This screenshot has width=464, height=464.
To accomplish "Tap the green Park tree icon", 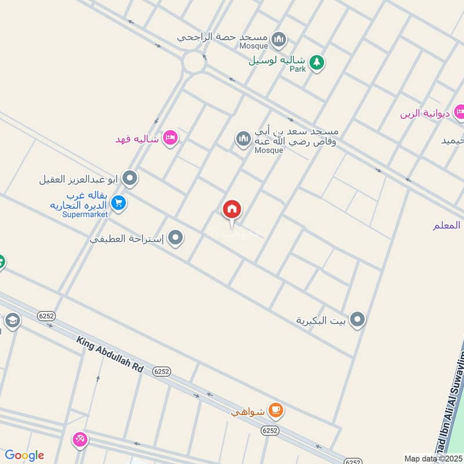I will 316,61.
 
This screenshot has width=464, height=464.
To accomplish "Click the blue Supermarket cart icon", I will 119,203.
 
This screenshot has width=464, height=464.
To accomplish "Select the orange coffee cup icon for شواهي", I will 276,411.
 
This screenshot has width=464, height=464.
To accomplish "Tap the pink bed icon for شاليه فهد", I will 171,138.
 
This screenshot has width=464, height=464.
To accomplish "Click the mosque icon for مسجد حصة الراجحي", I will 279,39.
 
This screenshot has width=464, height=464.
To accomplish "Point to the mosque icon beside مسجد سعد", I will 242,139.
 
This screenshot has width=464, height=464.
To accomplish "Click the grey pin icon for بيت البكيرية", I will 358,319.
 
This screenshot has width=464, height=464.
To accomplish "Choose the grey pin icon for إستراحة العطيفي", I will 176,238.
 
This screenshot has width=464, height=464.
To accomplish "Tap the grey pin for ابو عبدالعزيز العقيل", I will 130,178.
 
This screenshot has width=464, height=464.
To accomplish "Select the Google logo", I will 24,455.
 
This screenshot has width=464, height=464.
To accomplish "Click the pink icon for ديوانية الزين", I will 459,112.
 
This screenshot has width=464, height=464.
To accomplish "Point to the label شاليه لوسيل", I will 277,61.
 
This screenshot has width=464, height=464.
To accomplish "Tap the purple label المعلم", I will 447,225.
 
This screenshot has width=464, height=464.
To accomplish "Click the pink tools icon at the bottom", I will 79,440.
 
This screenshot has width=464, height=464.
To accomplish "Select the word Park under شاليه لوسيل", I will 298,69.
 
